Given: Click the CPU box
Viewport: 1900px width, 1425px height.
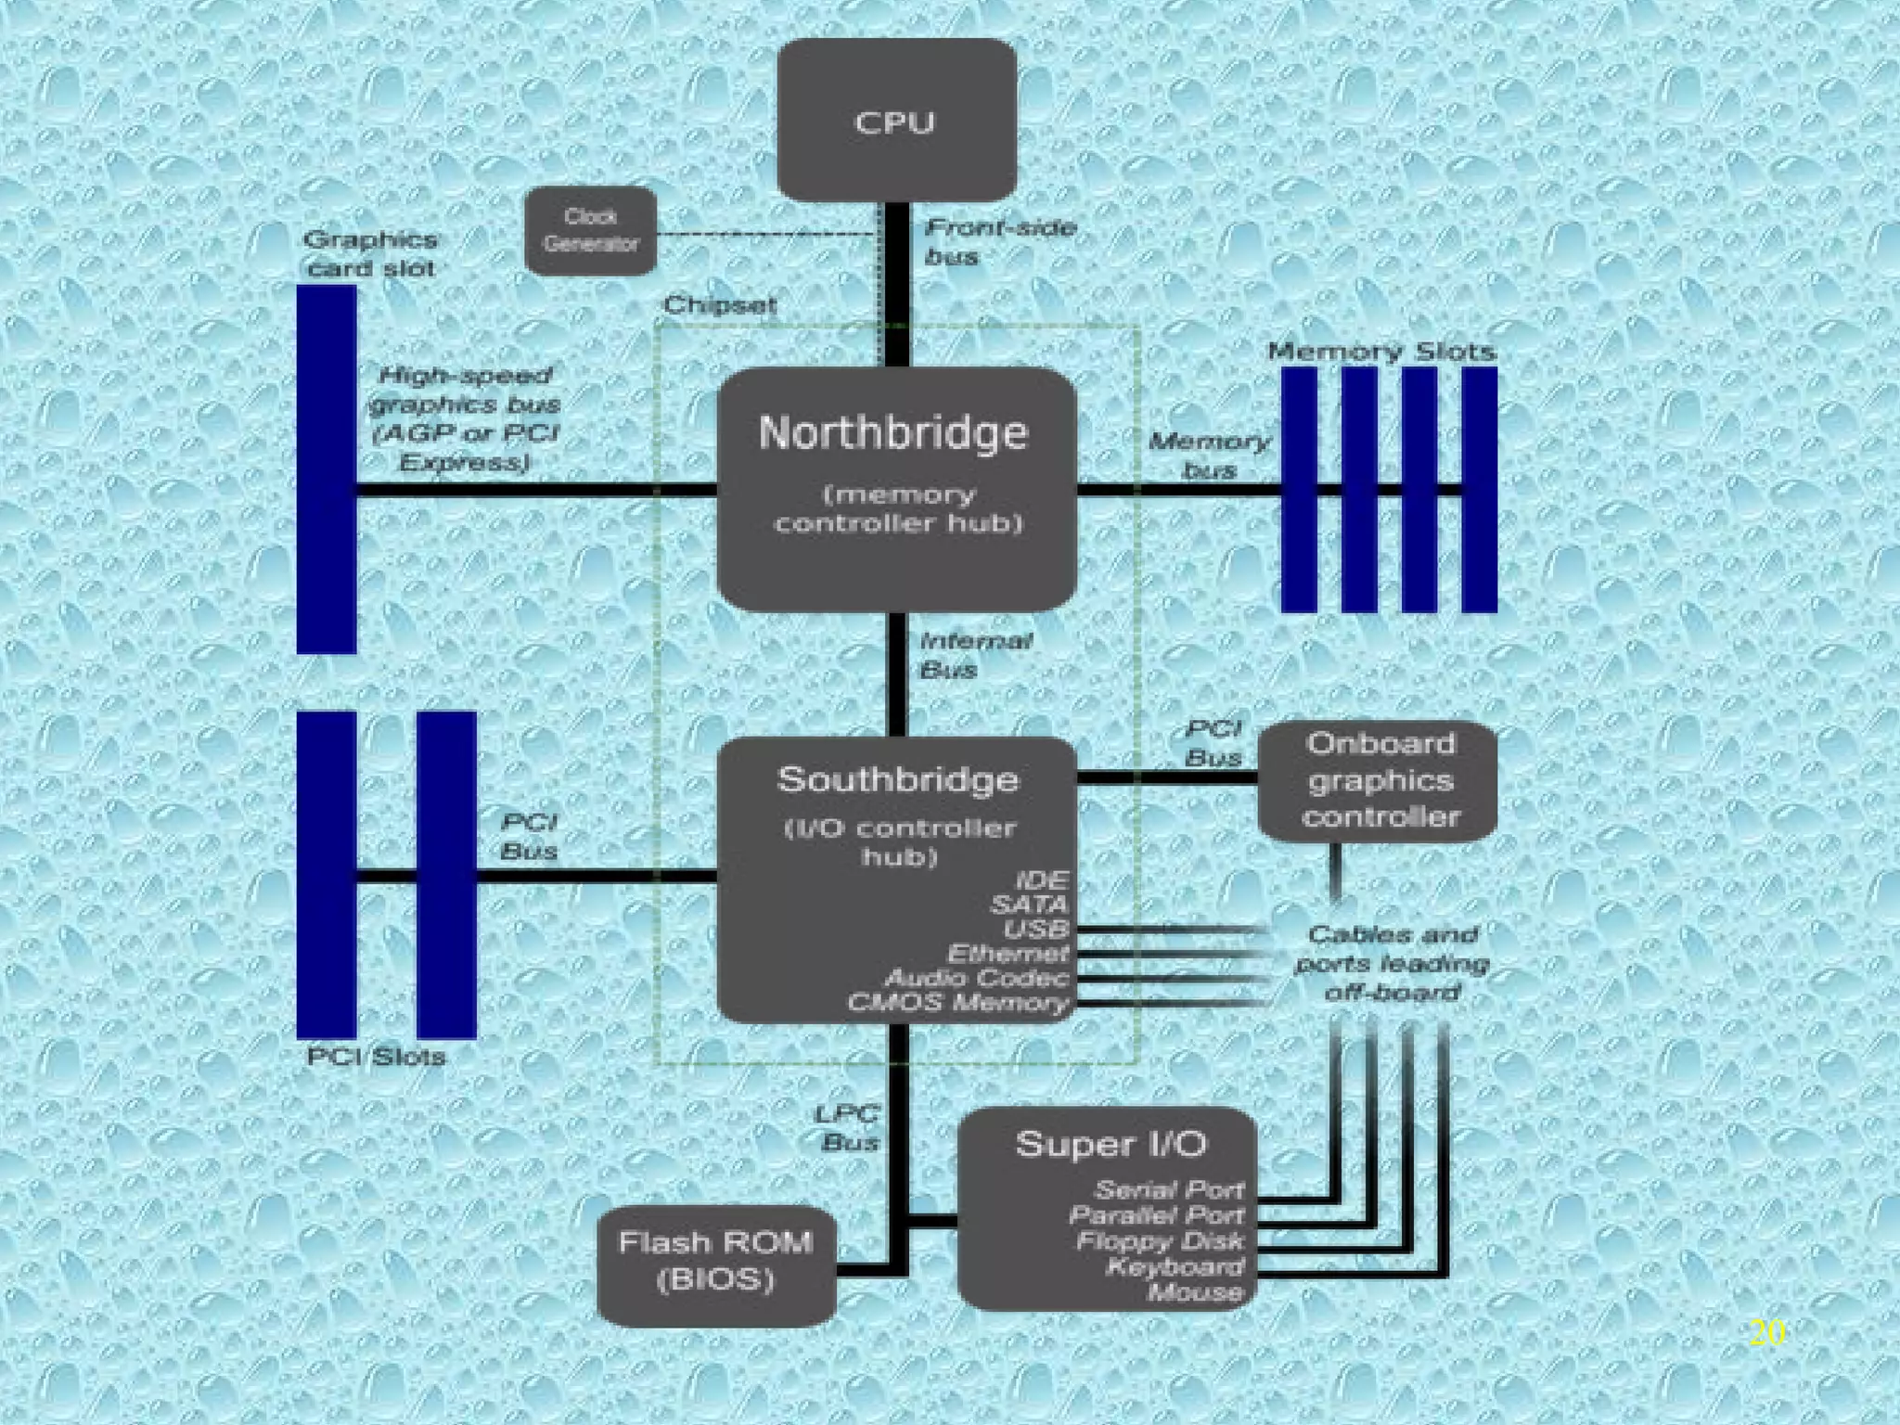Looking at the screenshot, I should pyautogui.click(x=896, y=121).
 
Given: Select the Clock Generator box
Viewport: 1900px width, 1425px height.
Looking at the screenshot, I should pyautogui.click(x=591, y=230).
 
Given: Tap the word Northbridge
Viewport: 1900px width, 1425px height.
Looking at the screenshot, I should pyautogui.click(x=893, y=432).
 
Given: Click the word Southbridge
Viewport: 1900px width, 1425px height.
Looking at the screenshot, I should pyautogui.click(x=897, y=779).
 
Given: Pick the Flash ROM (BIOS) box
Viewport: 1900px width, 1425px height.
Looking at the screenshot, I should pyautogui.click(x=715, y=1261).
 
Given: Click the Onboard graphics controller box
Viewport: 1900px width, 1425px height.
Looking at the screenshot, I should pyautogui.click(x=1379, y=780).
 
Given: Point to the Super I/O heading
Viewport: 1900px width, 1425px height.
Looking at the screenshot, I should pyautogui.click(x=1110, y=1144).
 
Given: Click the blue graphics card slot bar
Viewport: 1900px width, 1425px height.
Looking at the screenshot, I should pyautogui.click(x=327, y=469).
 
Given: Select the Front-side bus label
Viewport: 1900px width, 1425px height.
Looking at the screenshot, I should pyautogui.click(x=999, y=241).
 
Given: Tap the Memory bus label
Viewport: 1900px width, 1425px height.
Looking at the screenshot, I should pyautogui.click(x=1209, y=456).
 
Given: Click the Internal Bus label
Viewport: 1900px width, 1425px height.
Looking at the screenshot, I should pyautogui.click(x=974, y=655).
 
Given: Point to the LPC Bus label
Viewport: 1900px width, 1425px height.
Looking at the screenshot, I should pyautogui.click(x=848, y=1128).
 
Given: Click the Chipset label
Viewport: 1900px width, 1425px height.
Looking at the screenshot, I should pyautogui.click(x=720, y=305).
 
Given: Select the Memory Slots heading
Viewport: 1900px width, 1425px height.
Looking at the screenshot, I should pyautogui.click(x=1381, y=352).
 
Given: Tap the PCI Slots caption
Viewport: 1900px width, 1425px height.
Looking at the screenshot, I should pyautogui.click(x=376, y=1057).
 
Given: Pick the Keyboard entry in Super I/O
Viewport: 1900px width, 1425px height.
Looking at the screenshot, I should pyautogui.click(x=1175, y=1266).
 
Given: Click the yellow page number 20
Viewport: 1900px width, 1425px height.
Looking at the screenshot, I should pyautogui.click(x=1767, y=1332).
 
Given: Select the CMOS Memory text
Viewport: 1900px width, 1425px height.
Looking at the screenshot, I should pyautogui.click(x=958, y=1003).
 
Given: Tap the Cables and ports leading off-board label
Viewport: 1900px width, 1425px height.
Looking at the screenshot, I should pyautogui.click(x=1392, y=963).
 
